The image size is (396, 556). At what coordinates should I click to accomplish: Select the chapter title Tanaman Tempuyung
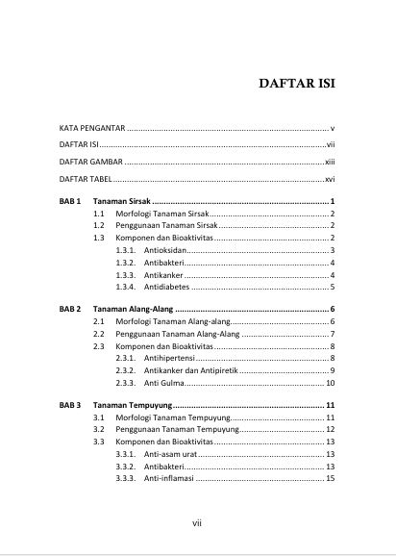(x=135, y=406)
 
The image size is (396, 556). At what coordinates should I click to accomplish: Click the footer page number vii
(x=197, y=523)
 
